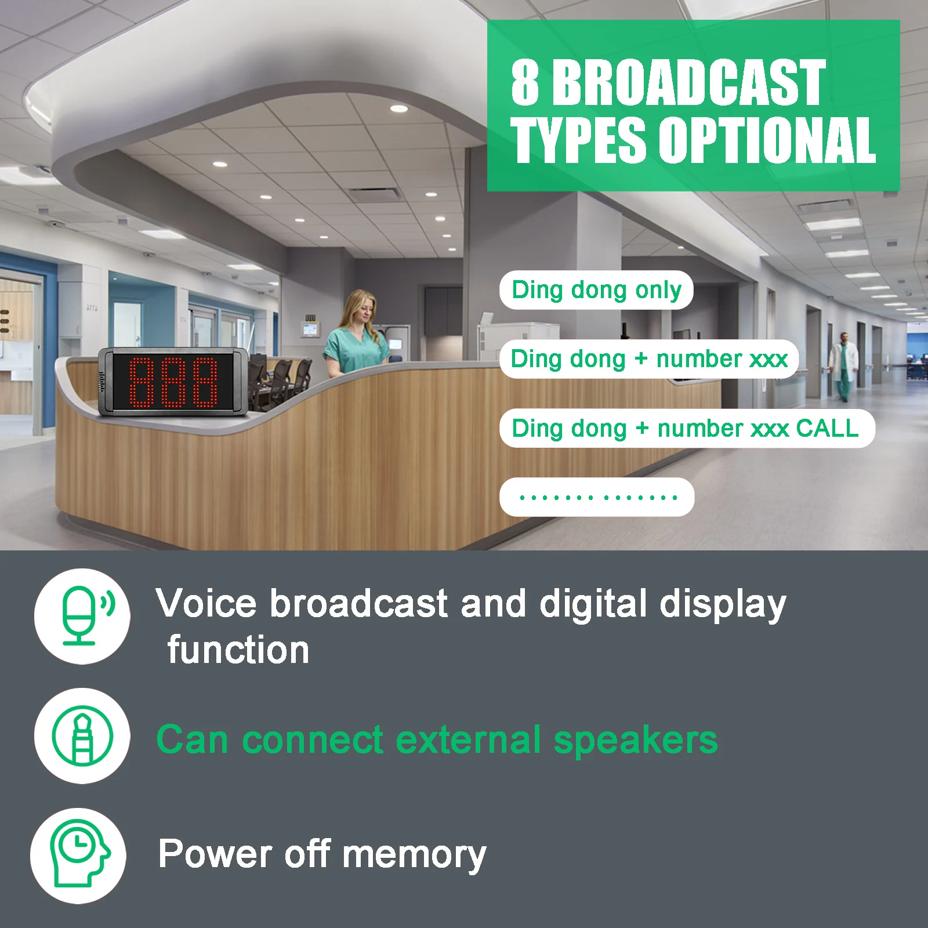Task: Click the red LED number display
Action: (173, 382)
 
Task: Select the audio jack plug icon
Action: (82, 735)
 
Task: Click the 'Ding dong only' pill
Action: (596, 290)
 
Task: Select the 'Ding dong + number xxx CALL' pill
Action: (687, 429)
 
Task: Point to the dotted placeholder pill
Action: (597, 497)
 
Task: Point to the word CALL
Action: (828, 428)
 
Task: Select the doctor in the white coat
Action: (843, 367)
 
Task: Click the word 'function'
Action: (238, 650)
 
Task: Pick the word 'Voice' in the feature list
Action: (206, 603)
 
